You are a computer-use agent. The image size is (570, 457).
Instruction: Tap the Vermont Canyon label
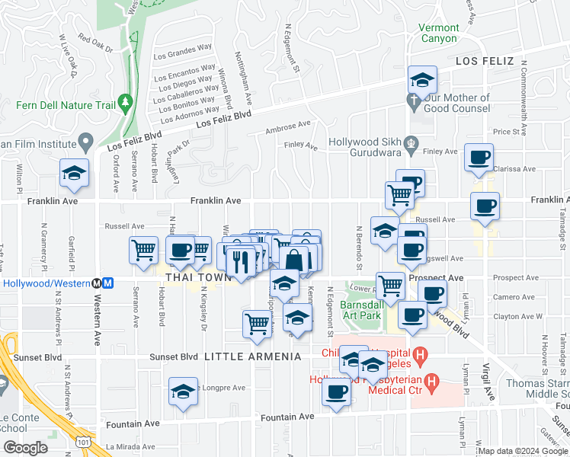438,33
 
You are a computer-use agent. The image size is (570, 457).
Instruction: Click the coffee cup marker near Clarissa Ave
479,158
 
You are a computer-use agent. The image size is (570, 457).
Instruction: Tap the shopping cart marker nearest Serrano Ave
143,250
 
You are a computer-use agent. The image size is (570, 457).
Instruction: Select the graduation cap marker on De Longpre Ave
183,392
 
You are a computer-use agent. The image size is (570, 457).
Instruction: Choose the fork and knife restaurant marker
241,262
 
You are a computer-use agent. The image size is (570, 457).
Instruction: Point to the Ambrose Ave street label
288,127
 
